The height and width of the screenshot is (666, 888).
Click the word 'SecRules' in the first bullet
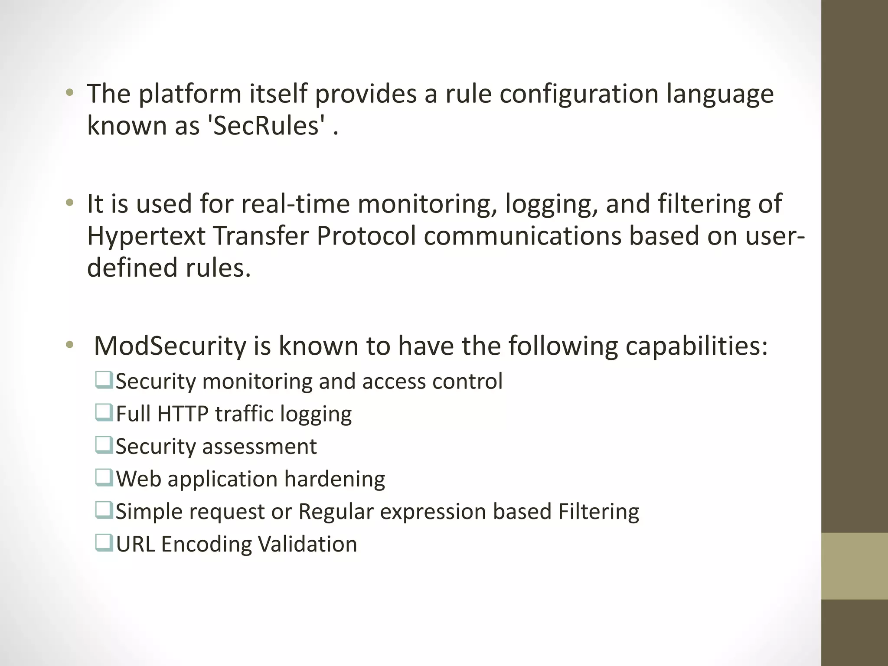coord(266,126)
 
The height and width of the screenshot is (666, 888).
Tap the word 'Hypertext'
coord(146,236)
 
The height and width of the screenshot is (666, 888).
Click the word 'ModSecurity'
coord(170,346)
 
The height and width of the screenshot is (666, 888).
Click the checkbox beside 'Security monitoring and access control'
coord(104,380)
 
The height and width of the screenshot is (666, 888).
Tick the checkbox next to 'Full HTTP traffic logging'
coord(104,413)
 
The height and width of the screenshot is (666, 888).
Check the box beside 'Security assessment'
coord(104,445)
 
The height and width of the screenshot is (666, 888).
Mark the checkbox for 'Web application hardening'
coord(104,478)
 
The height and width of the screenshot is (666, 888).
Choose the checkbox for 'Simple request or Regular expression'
coord(104,510)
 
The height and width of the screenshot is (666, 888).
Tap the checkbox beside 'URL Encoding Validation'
coord(104,543)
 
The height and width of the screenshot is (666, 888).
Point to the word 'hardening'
coord(335,479)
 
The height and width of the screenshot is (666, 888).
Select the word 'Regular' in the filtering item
coord(336,512)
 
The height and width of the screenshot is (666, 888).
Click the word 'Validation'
coord(307,544)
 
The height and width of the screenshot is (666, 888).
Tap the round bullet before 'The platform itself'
coord(69,93)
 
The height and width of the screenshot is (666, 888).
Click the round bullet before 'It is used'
coord(69,203)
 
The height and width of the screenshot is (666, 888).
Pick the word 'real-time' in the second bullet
coord(295,204)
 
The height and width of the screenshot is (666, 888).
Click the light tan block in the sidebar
coord(854,566)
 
